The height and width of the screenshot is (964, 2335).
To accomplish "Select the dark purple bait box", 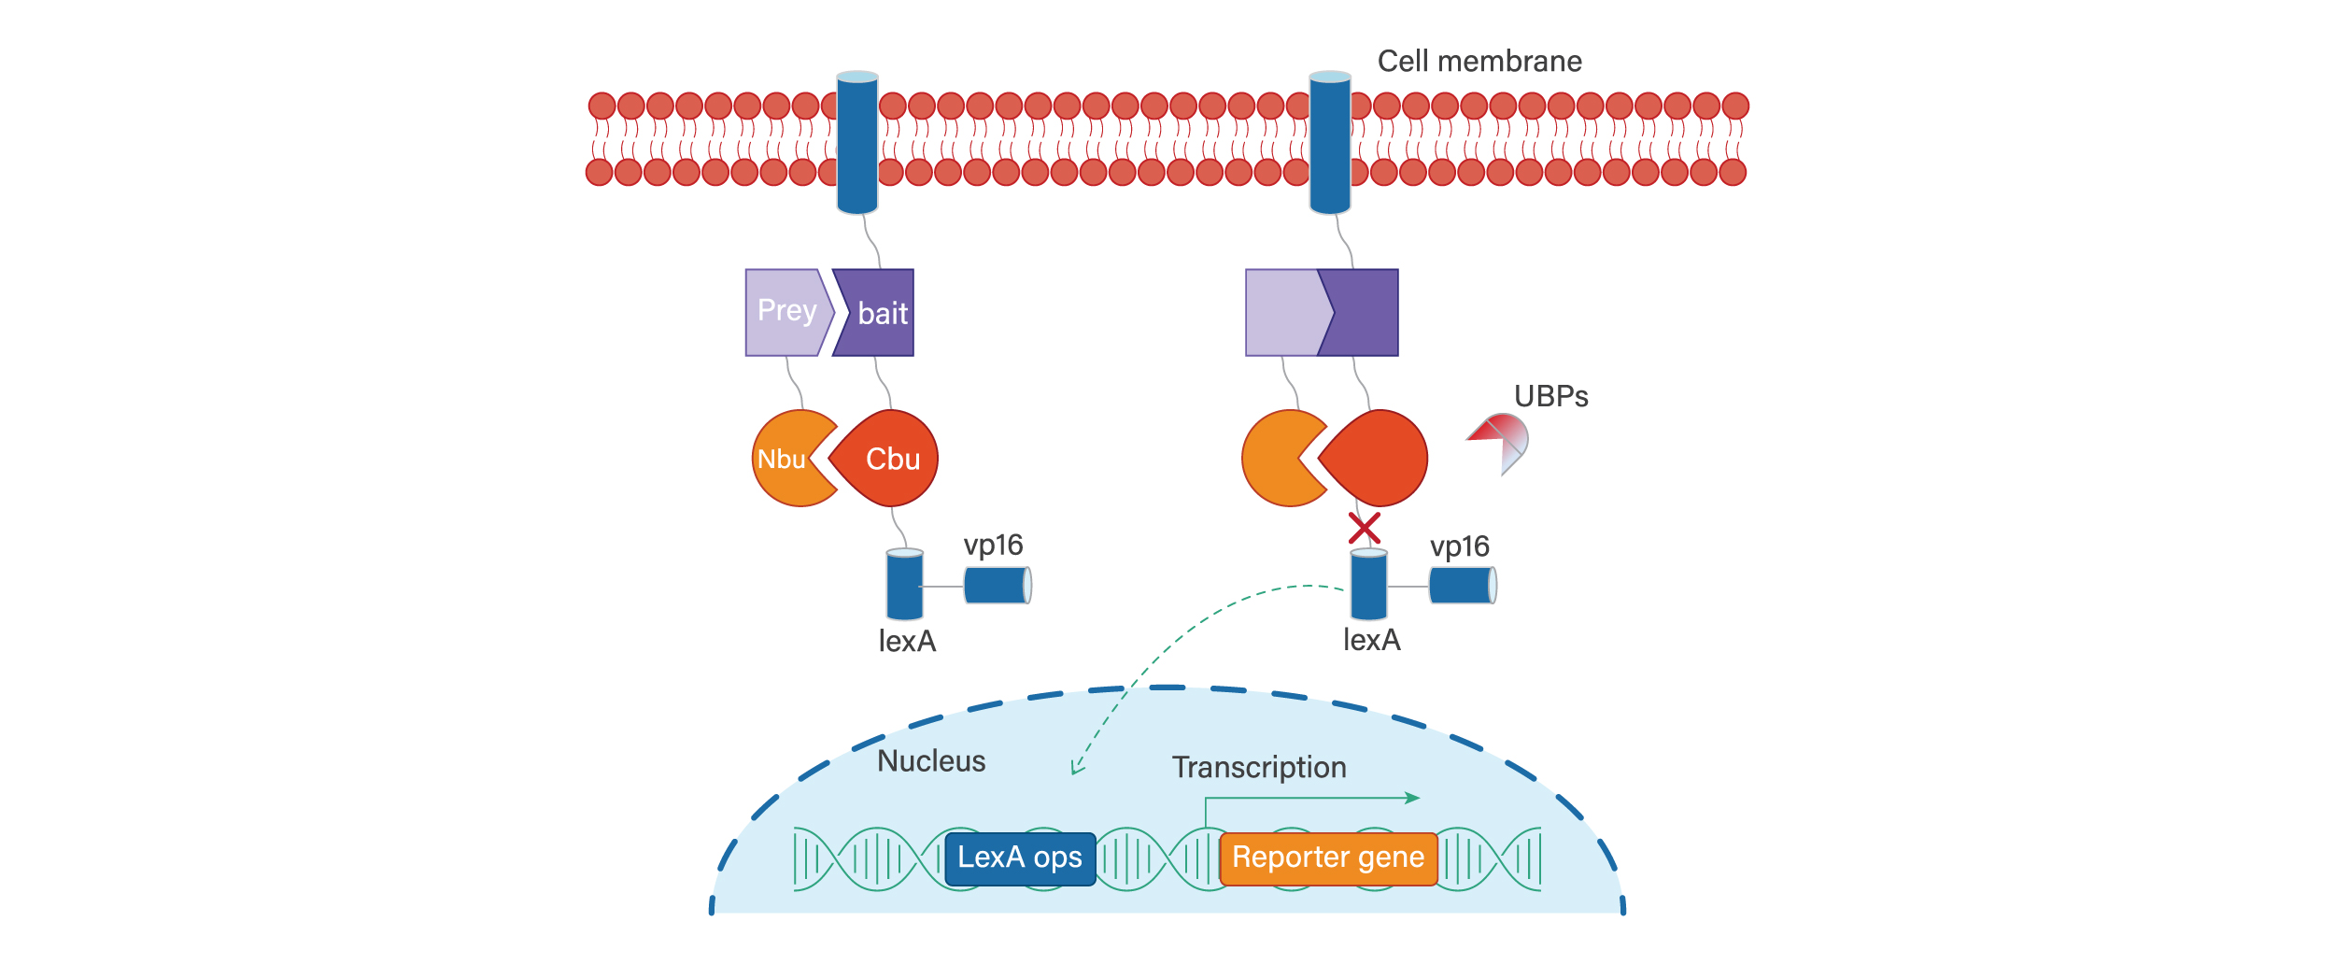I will [x=878, y=313].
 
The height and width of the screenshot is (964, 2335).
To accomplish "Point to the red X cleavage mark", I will [x=1364, y=529].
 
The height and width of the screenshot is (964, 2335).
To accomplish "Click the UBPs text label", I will [x=1550, y=397].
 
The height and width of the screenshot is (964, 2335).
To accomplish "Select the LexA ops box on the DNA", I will [x=1020, y=858].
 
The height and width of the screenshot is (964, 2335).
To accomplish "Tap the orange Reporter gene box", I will [x=1327, y=858].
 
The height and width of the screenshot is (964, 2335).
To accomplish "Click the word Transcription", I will [x=1259, y=768].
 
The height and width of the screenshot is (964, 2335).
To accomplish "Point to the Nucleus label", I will [x=931, y=761].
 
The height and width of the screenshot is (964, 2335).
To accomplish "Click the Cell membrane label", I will [x=1479, y=62].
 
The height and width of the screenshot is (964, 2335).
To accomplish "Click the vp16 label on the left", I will [x=993, y=546].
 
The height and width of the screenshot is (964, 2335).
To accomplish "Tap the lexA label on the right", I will [x=1371, y=641].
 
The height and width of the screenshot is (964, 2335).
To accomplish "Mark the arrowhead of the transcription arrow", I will [x=1414, y=798].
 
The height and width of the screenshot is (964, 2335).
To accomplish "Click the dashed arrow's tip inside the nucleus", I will [x=1075, y=772].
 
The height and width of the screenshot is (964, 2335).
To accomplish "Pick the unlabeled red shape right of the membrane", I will [x=1376, y=458].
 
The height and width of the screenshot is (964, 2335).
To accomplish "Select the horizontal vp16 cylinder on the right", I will [x=1462, y=586].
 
